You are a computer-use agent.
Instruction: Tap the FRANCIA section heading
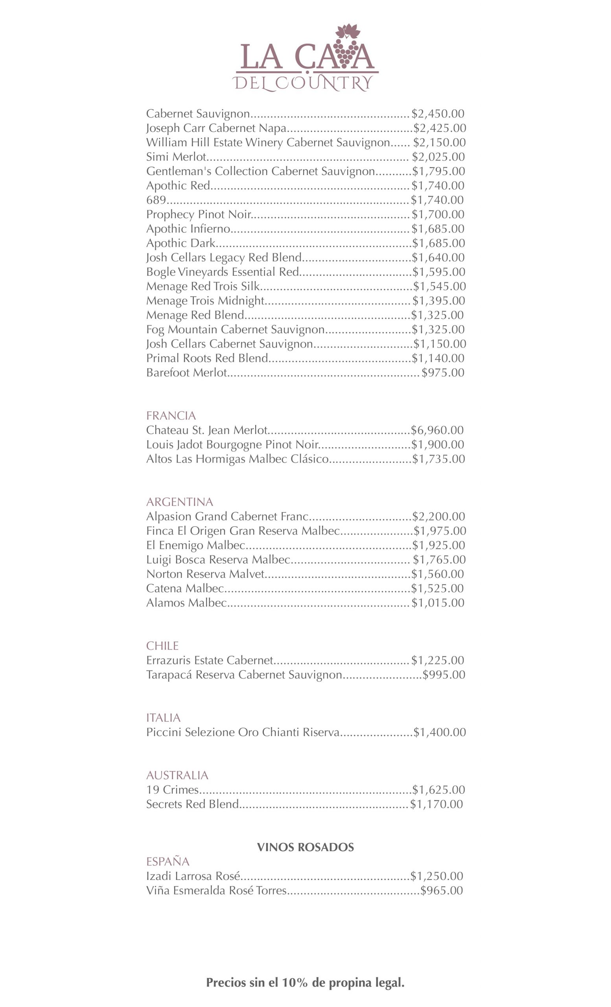point(171,416)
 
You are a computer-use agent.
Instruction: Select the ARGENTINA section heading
point(179,502)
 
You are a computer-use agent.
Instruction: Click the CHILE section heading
point(162,646)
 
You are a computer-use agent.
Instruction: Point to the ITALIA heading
point(163,717)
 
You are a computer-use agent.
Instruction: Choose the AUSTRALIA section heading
point(177,775)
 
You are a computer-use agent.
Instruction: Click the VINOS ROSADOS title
point(305,847)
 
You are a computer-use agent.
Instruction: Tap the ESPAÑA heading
point(167,861)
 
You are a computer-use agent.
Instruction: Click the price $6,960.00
point(437,430)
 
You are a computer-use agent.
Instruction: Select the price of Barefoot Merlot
point(443,373)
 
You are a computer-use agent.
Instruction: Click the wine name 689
point(156,200)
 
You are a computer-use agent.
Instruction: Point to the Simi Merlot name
point(176,157)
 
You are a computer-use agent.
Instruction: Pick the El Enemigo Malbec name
point(196,545)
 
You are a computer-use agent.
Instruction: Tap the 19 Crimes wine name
point(172,789)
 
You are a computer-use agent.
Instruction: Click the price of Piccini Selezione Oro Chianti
point(440,732)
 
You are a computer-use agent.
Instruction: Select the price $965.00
point(442,891)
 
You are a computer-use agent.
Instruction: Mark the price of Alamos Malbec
point(438,603)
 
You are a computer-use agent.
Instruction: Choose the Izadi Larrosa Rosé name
point(193,876)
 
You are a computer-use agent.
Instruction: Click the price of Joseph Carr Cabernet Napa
point(440,128)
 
